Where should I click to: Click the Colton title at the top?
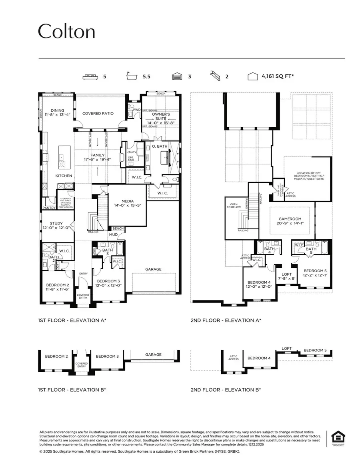pos(66,31)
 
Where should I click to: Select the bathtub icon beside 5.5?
pos(130,76)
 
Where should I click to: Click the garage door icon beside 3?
pos(177,76)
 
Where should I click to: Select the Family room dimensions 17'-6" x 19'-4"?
pos(98,160)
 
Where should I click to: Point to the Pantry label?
pos(49,208)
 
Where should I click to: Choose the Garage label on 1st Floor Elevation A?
pos(153,269)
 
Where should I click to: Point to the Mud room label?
pos(114,235)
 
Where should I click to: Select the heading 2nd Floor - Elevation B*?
pos(226,389)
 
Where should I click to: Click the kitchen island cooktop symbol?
pos(62,164)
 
